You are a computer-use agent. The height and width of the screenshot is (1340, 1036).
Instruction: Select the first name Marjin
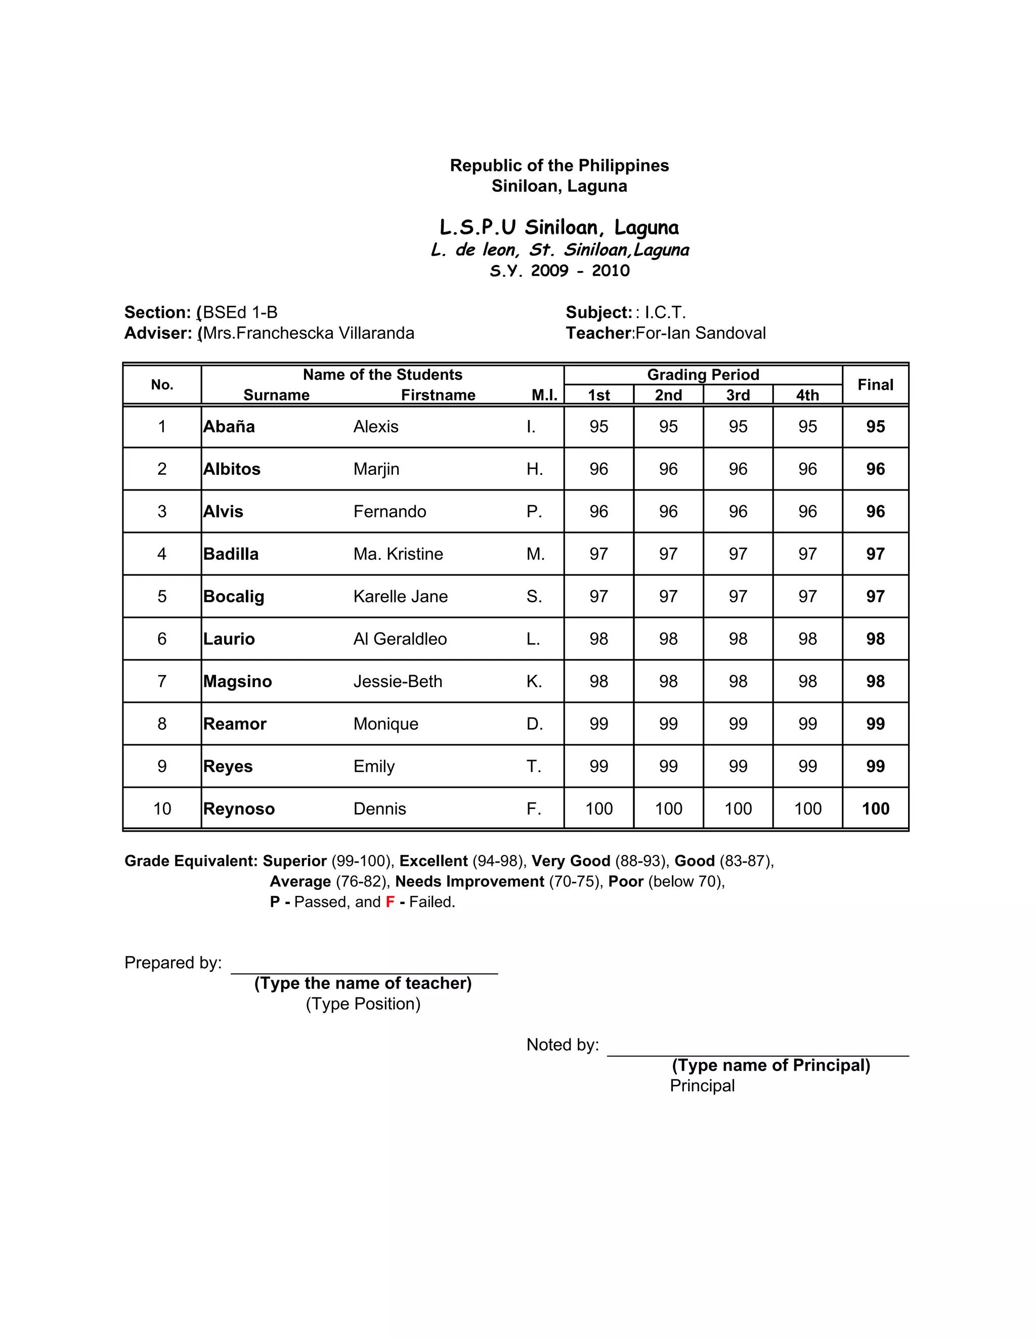coord(376,469)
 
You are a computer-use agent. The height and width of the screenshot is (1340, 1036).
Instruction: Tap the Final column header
coord(875,385)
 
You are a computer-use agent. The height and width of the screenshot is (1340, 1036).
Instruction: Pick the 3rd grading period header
coord(738,395)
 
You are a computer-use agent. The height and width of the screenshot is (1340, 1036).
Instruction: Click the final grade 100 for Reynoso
coord(875,809)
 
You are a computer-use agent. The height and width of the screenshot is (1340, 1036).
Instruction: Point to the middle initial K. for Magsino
coord(534,681)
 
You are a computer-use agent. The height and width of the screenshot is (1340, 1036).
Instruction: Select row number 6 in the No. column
coord(162,639)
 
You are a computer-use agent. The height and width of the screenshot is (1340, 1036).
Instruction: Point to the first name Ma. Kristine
coord(398,554)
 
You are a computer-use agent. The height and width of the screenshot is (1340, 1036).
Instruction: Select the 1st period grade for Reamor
coord(598,724)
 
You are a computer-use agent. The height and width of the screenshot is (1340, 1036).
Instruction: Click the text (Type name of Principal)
coord(771,1065)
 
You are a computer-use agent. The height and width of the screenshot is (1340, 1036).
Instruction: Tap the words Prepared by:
coord(173,963)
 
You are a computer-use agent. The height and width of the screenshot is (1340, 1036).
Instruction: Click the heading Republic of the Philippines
coord(559,166)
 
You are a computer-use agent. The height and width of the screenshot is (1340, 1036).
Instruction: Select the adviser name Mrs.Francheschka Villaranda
coord(309,333)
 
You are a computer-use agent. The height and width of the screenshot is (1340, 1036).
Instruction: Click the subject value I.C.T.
coord(665,312)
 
